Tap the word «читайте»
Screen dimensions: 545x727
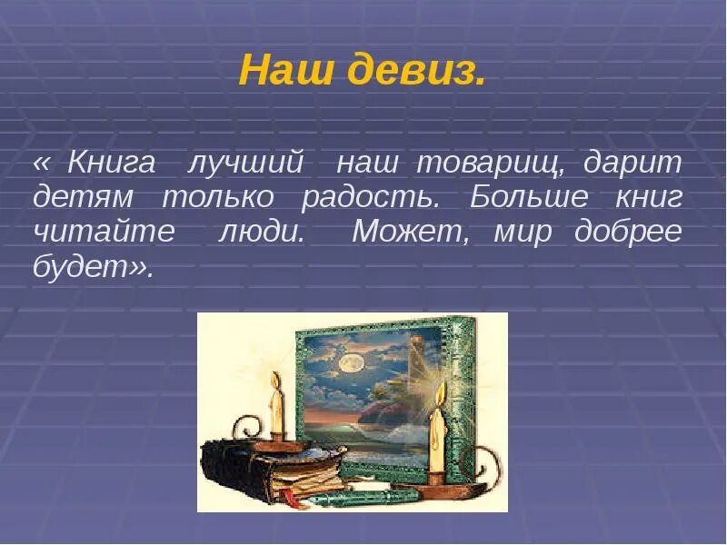point(103,232)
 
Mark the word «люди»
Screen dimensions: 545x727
point(262,232)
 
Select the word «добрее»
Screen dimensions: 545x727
point(628,232)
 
